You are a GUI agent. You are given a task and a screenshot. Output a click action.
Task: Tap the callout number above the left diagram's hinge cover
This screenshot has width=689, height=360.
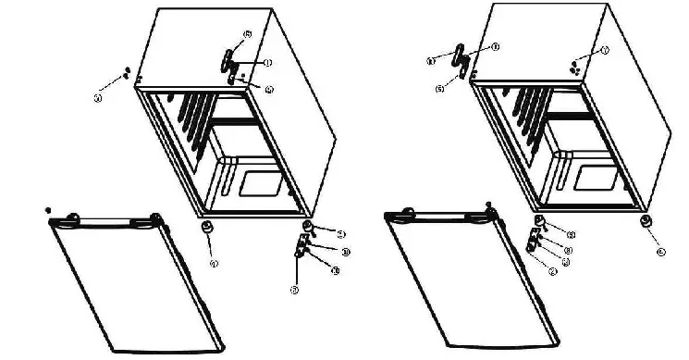coord(248,34)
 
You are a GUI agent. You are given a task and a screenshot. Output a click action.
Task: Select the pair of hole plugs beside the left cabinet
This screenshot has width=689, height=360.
coord(125,73)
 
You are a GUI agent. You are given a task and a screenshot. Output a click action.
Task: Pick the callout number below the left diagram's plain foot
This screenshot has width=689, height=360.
coord(214,265)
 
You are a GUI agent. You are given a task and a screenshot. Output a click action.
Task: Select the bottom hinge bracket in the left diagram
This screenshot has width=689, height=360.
coord(301,247)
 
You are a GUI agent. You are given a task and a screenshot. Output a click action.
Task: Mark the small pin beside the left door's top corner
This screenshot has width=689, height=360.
coord(48,211)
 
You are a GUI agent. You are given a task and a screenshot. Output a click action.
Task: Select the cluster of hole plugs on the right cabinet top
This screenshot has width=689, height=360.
coord(575,66)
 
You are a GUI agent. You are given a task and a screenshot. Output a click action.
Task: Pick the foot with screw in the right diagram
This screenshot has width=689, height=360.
coord(537,223)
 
